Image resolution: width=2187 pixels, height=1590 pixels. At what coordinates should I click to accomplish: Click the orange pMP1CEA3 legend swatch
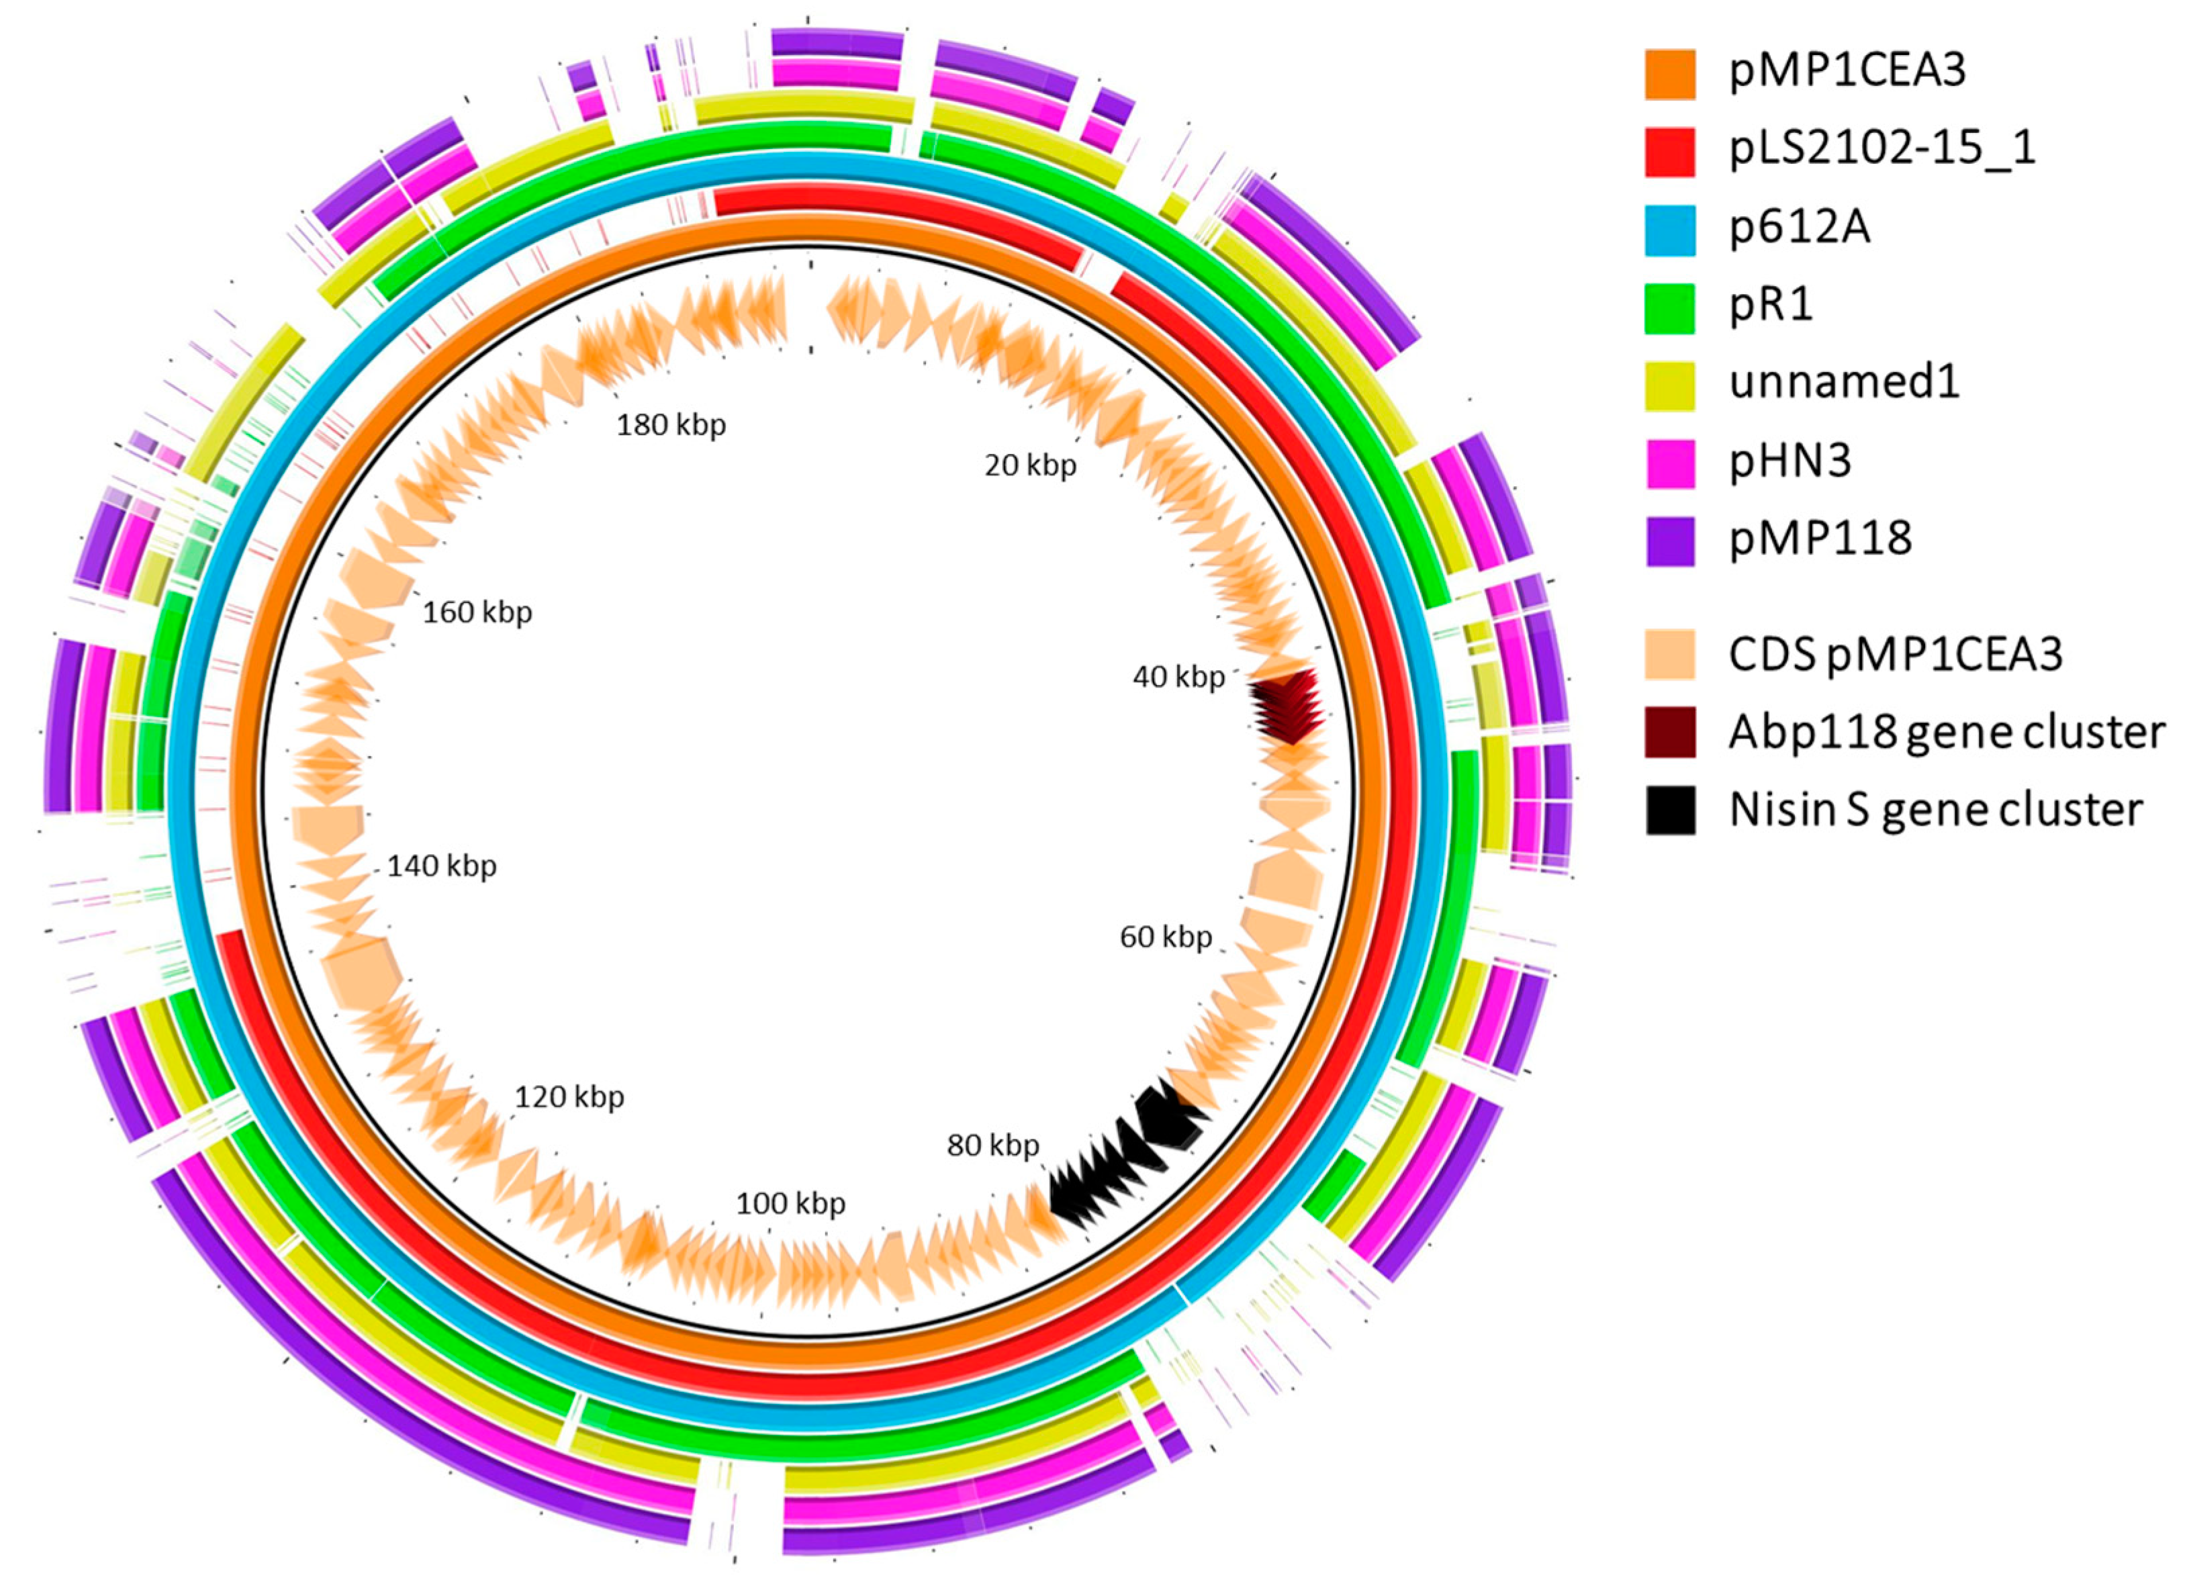1669,73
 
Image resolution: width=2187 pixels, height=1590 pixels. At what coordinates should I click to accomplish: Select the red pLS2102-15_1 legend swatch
1669,151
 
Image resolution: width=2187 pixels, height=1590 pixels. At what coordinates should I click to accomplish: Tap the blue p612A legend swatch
1669,230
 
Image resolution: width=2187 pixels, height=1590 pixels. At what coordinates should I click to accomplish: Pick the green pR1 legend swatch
1669,308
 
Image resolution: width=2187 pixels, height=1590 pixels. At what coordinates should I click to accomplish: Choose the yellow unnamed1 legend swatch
1669,385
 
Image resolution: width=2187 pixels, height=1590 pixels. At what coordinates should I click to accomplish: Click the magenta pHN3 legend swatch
1669,463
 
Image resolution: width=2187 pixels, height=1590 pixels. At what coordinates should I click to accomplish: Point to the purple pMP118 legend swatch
1669,541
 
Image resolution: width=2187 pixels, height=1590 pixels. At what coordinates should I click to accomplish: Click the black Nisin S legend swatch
1669,810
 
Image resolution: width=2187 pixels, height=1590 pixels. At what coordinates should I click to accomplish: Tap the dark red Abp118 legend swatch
1669,733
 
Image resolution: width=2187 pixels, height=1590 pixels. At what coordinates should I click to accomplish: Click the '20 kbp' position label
1030,466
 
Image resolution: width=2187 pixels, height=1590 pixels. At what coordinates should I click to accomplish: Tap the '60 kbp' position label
1165,936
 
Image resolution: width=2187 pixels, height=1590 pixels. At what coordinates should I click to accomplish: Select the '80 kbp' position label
992,1145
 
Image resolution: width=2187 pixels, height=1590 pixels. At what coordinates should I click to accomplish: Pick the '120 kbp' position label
569,1096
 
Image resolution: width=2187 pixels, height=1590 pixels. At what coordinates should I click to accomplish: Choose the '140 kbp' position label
442,866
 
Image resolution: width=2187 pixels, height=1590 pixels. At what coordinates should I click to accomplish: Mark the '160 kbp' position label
477,612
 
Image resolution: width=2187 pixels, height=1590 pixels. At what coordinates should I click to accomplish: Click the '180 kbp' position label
671,424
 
